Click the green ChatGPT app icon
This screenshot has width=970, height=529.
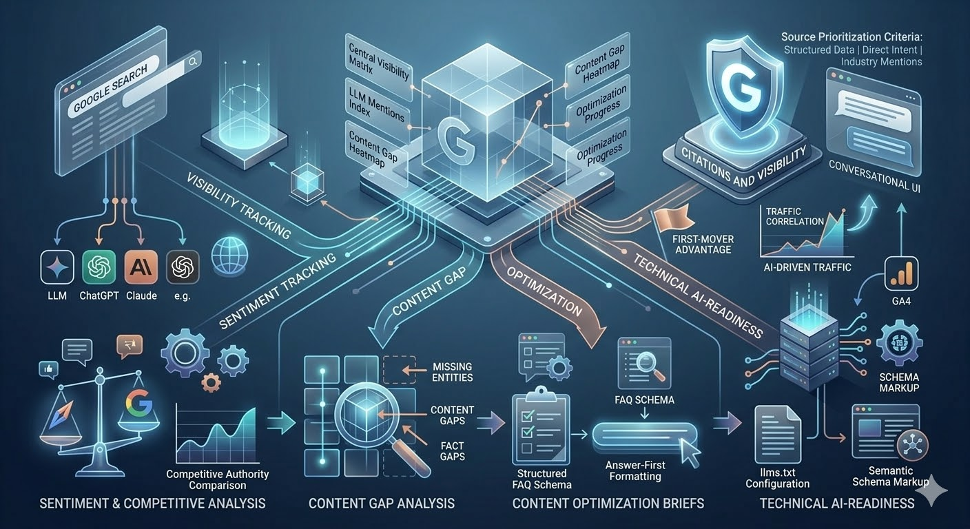[99, 267]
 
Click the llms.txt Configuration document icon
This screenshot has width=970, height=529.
[777, 433]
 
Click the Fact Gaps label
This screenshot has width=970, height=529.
[453, 450]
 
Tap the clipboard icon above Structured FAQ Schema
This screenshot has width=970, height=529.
[541, 428]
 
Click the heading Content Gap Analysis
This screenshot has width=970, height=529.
[381, 504]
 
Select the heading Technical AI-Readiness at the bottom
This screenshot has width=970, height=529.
[836, 504]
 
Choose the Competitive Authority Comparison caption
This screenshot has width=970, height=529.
[218, 479]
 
